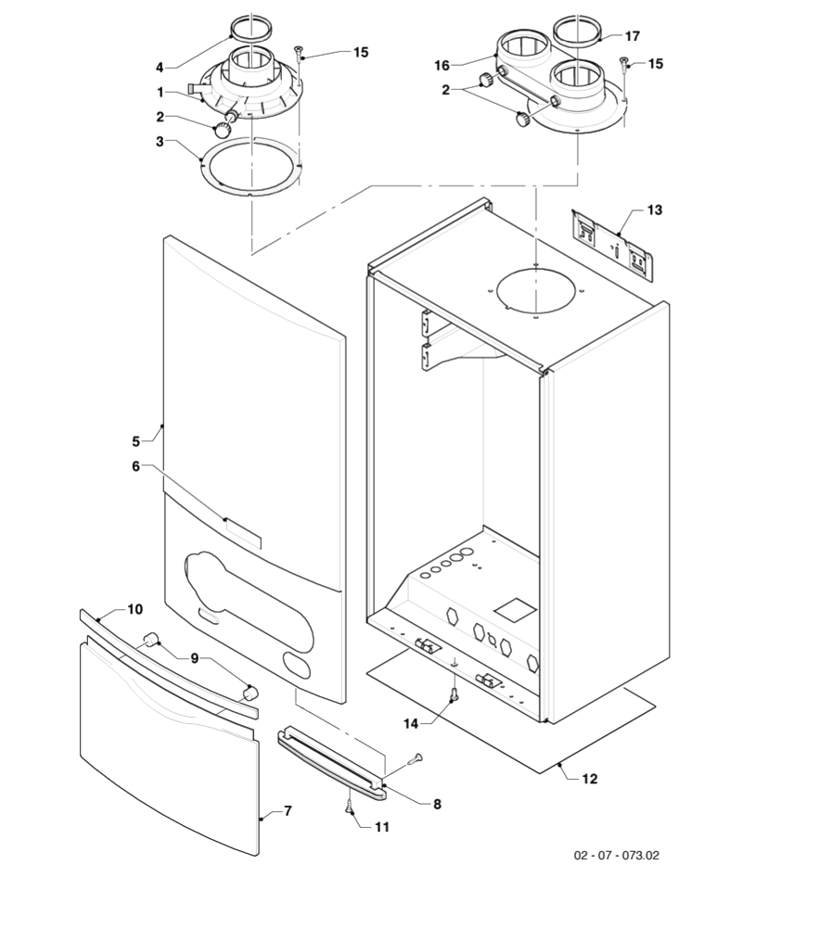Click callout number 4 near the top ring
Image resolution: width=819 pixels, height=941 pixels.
[x=160, y=67]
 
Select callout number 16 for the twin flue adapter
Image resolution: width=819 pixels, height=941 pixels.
[x=442, y=65]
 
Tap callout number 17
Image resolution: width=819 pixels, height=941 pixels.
[x=632, y=37]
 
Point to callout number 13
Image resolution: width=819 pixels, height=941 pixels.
[x=654, y=210]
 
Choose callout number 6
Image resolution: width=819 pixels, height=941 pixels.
[x=135, y=465]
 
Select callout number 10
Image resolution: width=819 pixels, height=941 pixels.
[x=134, y=609]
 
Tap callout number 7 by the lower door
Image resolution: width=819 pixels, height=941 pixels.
[x=288, y=811]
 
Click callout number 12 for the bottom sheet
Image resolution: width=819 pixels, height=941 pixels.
[x=590, y=779]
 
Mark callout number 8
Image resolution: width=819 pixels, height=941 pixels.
[x=437, y=804]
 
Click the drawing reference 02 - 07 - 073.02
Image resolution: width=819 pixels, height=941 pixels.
[x=616, y=855]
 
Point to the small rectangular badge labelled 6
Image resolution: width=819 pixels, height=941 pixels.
[x=243, y=534]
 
